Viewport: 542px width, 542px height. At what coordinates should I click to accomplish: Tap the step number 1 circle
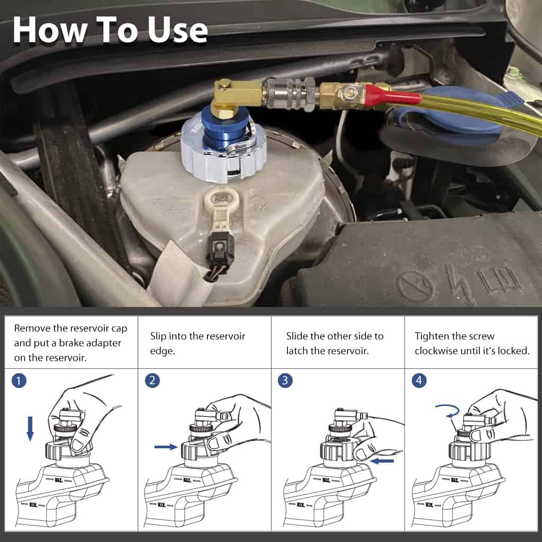(x=19, y=381)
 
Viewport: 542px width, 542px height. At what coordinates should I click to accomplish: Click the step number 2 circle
(x=152, y=381)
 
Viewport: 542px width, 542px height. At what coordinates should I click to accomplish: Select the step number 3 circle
(x=285, y=381)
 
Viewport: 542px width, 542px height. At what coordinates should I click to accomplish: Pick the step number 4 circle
(x=419, y=381)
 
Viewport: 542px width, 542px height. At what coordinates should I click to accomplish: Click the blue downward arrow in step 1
(x=30, y=429)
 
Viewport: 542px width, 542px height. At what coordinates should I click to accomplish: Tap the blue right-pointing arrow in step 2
(x=166, y=447)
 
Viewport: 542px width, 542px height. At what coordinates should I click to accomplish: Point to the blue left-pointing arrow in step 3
(x=382, y=461)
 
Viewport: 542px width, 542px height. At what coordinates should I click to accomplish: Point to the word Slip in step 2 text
(x=158, y=336)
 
